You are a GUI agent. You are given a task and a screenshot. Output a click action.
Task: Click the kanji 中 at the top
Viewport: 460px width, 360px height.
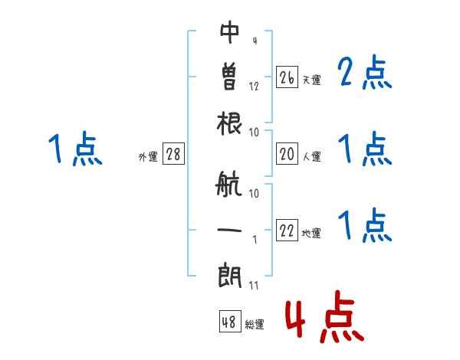tap(230, 31)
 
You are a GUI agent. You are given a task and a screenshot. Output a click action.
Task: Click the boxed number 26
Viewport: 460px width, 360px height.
tap(287, 77)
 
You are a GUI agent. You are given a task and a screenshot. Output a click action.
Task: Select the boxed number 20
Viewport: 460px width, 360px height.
tap(287, 154)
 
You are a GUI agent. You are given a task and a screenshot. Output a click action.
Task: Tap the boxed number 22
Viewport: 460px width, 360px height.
tap(287, 231)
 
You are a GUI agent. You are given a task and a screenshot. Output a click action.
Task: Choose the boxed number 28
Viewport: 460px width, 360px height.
tap(173, 154)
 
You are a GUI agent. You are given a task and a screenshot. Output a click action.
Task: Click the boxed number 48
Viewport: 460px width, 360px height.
tap(229, 322)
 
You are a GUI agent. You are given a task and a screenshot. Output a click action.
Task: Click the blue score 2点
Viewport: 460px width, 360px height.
tap(365, 74)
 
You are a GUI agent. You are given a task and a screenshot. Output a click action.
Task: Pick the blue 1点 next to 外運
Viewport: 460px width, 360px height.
tap(74, 149)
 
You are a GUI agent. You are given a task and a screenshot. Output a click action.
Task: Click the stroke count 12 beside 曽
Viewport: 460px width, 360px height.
tap(254, 86)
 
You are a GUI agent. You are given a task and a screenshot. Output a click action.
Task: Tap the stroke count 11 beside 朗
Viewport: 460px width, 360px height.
tap(254, 286)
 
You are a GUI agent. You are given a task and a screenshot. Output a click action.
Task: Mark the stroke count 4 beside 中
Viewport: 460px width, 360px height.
tap(254, 41)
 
